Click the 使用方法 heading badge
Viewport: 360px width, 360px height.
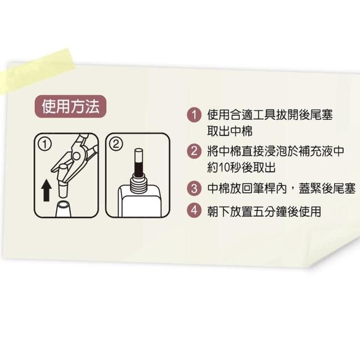(70, 106)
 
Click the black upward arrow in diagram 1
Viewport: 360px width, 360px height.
(46, 191)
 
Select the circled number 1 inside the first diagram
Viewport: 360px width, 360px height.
(45, 145)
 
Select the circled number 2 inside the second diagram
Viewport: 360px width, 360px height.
(116, 144)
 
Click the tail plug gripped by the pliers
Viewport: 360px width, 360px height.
(62, 181)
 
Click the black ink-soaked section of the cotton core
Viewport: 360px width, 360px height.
(138, 169)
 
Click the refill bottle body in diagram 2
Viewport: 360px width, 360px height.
(139, 202)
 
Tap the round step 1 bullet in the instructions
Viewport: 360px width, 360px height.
(194, 115)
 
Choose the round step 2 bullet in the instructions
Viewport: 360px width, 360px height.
(194, 151)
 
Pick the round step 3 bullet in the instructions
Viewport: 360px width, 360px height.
(194, 188)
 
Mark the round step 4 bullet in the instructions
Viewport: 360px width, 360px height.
(194, 211)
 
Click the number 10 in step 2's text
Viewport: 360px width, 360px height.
(224, 168)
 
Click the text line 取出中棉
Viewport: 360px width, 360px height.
(229, 131)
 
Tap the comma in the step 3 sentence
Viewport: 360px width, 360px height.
(292, 191)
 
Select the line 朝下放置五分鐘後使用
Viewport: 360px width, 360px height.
(264, 211)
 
